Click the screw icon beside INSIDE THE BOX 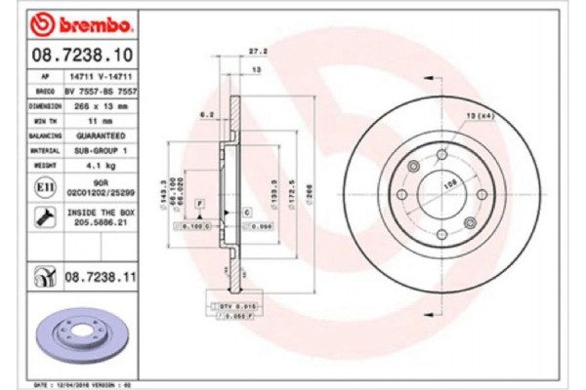click(44, 215)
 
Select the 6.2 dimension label click(207, 115)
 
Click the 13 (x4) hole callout click(480, 116)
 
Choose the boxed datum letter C click(246, 211)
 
